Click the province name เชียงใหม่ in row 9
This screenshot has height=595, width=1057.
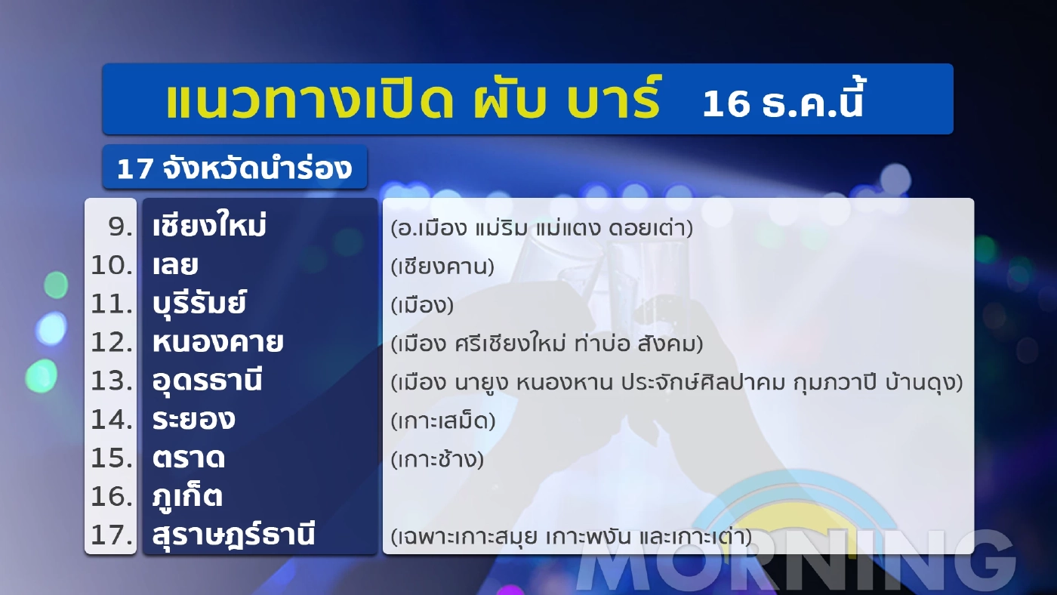(210, 227)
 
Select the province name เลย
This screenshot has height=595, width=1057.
(175, 266)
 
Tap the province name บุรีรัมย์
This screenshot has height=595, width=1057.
(199, 304)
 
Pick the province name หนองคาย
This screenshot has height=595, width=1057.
(217, 343)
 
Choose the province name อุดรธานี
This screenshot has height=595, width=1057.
(207, 381)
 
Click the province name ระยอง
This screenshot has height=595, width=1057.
(193, 420)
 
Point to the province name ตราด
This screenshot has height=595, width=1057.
(188, 458)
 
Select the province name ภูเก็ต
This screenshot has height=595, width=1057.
(186, 497)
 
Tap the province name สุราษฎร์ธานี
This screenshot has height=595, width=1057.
(233, 535)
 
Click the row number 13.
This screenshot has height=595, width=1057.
(112, 381)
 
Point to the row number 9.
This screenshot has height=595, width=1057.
(121, 227)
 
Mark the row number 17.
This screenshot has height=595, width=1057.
(112, 535)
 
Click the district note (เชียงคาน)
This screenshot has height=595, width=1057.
(442, 267)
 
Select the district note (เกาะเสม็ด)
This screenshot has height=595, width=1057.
(443, 421)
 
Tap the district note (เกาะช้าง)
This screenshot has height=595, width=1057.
(437, 459)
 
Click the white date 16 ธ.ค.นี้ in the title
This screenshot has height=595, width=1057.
(782, 104)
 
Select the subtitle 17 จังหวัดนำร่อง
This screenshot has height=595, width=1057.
(234, 168)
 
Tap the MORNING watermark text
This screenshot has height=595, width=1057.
(797, 563)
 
